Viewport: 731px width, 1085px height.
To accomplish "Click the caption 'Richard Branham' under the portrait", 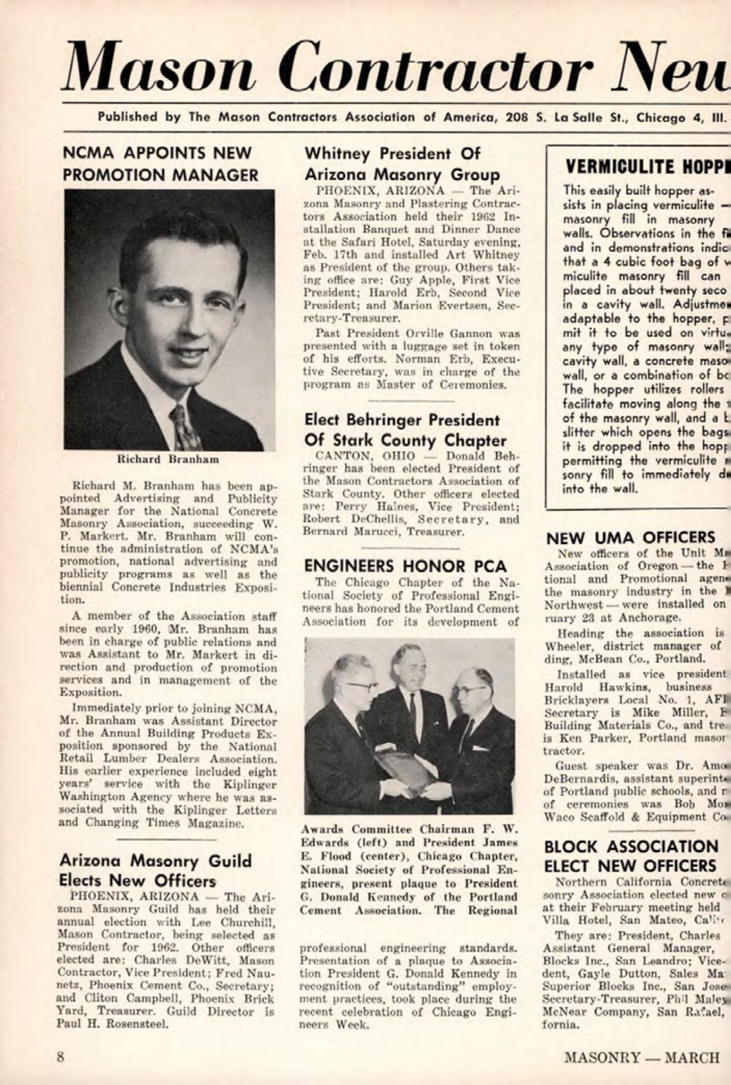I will click(168, 460).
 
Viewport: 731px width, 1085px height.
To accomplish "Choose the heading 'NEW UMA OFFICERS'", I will click(631, 537).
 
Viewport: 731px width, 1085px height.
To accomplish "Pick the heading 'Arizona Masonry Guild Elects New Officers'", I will click(156, 871).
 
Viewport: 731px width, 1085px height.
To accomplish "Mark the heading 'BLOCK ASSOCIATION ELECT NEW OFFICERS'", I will click(631, 856).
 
